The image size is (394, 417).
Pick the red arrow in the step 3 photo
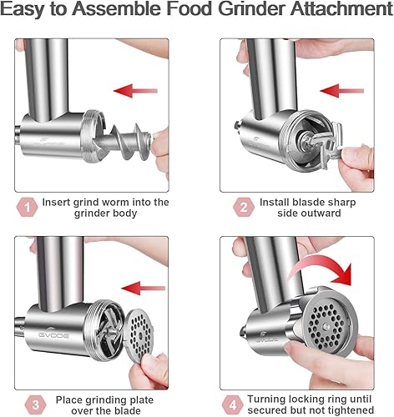149,287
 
